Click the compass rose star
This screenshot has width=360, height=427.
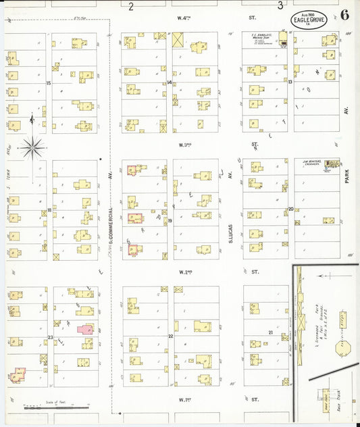pos(32,146)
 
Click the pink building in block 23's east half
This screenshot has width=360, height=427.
pos(85,329)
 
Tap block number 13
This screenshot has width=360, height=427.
pos(290,82)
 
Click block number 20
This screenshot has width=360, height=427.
pos(290,209)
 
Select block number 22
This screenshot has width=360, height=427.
pos(171,336)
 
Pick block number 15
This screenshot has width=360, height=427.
pos(48,82)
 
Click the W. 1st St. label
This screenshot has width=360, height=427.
pos(184,399)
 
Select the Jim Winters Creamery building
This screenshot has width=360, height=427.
pos(331,164)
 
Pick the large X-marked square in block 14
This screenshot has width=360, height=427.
pos(178,40)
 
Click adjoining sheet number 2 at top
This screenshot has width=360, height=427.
pos(131,5)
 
